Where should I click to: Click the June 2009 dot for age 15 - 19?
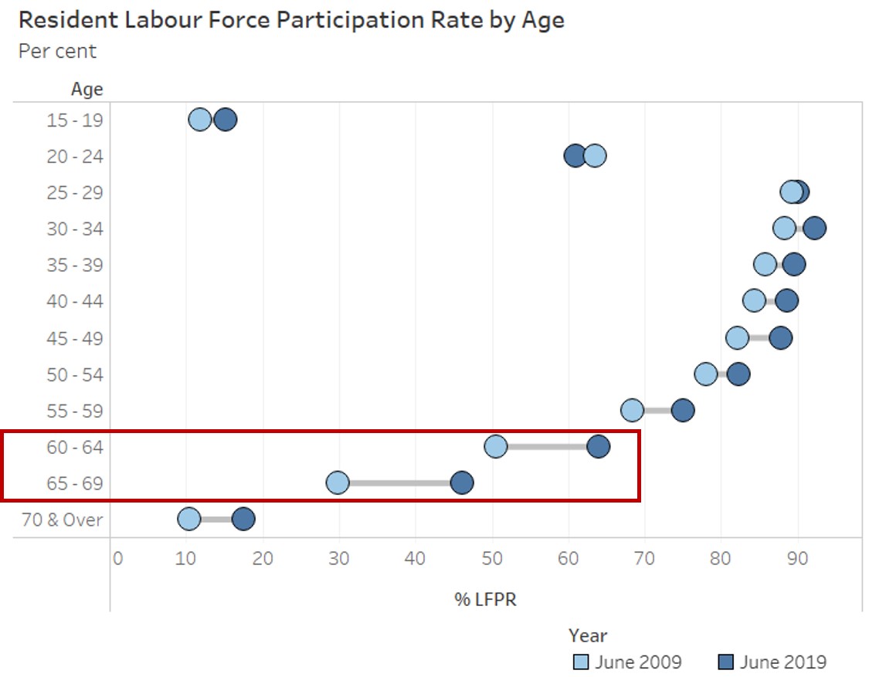click(x=200, y=120)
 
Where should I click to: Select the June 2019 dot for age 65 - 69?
click(x=461, y=483)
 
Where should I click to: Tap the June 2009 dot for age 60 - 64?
click(x=495, y=446)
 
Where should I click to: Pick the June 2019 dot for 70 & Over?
click(x=243, y=520)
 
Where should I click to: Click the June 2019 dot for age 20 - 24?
click(x=575, y=156)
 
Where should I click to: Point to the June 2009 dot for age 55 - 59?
click(x=632, y=410)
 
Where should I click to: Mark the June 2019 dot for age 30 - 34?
click(x=814, y=228)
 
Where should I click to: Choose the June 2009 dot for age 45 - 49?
click(x=738, y=337)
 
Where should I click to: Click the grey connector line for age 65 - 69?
click(x=399, y=483)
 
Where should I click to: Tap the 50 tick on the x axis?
click(x=492, y=557)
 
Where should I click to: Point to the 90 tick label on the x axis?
click(x=797, y=557)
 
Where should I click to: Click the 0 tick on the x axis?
click(x=117, y=557)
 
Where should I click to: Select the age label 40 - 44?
click(x=74, y=301)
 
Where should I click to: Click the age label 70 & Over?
click(x=62, y=520)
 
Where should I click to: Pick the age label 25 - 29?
click(x=74, y=192)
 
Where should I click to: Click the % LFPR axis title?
click(x=485, y=599)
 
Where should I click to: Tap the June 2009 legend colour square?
click(x=581, y=662)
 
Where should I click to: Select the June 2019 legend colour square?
click(x=725, y=662)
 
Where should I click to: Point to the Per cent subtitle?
click(x=57, y=52)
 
